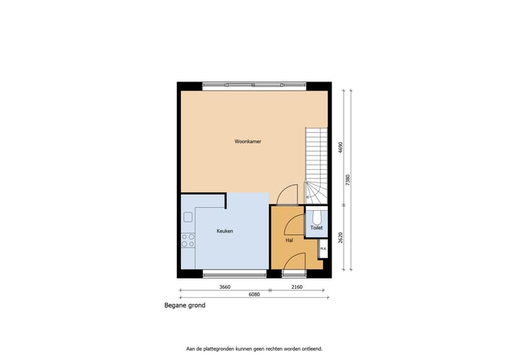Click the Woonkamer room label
click(x=247, y=141)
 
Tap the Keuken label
click(x=225, y=231)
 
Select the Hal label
click(x=289, y=240)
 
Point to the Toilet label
click(x=316, y=228)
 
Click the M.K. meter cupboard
click(x=322, y=249)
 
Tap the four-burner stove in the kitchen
click(x=188, y=240)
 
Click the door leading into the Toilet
click(x=294, y=225)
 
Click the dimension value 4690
click(x=340, y=147)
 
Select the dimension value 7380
click(x=347, y=181)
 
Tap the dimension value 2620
click(x=340, y=238)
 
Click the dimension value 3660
click(x=225, y=287)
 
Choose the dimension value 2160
click(x=296, y=287)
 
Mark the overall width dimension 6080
click(x=254, y=294)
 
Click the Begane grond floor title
click(x=185, y=307)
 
